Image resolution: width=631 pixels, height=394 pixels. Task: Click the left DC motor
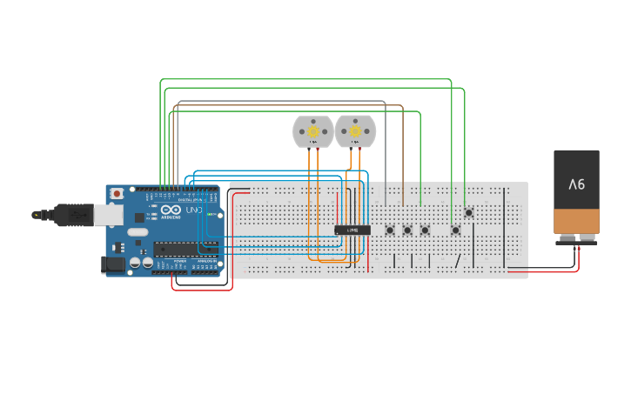coord(312,131)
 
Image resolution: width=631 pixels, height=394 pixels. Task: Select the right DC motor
coord(355,131)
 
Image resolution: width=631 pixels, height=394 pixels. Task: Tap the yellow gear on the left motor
coord(312,130)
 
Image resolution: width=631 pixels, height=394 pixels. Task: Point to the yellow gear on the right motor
coord(355,130)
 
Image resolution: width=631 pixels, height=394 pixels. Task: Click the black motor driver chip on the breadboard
coord(352,230)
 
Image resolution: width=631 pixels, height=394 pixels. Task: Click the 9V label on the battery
coord(576,184)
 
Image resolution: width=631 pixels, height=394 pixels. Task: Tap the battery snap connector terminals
coord(576,238)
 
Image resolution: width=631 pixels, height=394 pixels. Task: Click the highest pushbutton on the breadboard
coord(468,212)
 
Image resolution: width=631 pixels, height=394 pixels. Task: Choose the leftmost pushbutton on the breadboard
coord(390,230)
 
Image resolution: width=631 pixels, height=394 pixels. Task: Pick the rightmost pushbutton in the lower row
coord(455,230)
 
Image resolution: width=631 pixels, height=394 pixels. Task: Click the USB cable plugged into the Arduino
coord(61,214)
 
